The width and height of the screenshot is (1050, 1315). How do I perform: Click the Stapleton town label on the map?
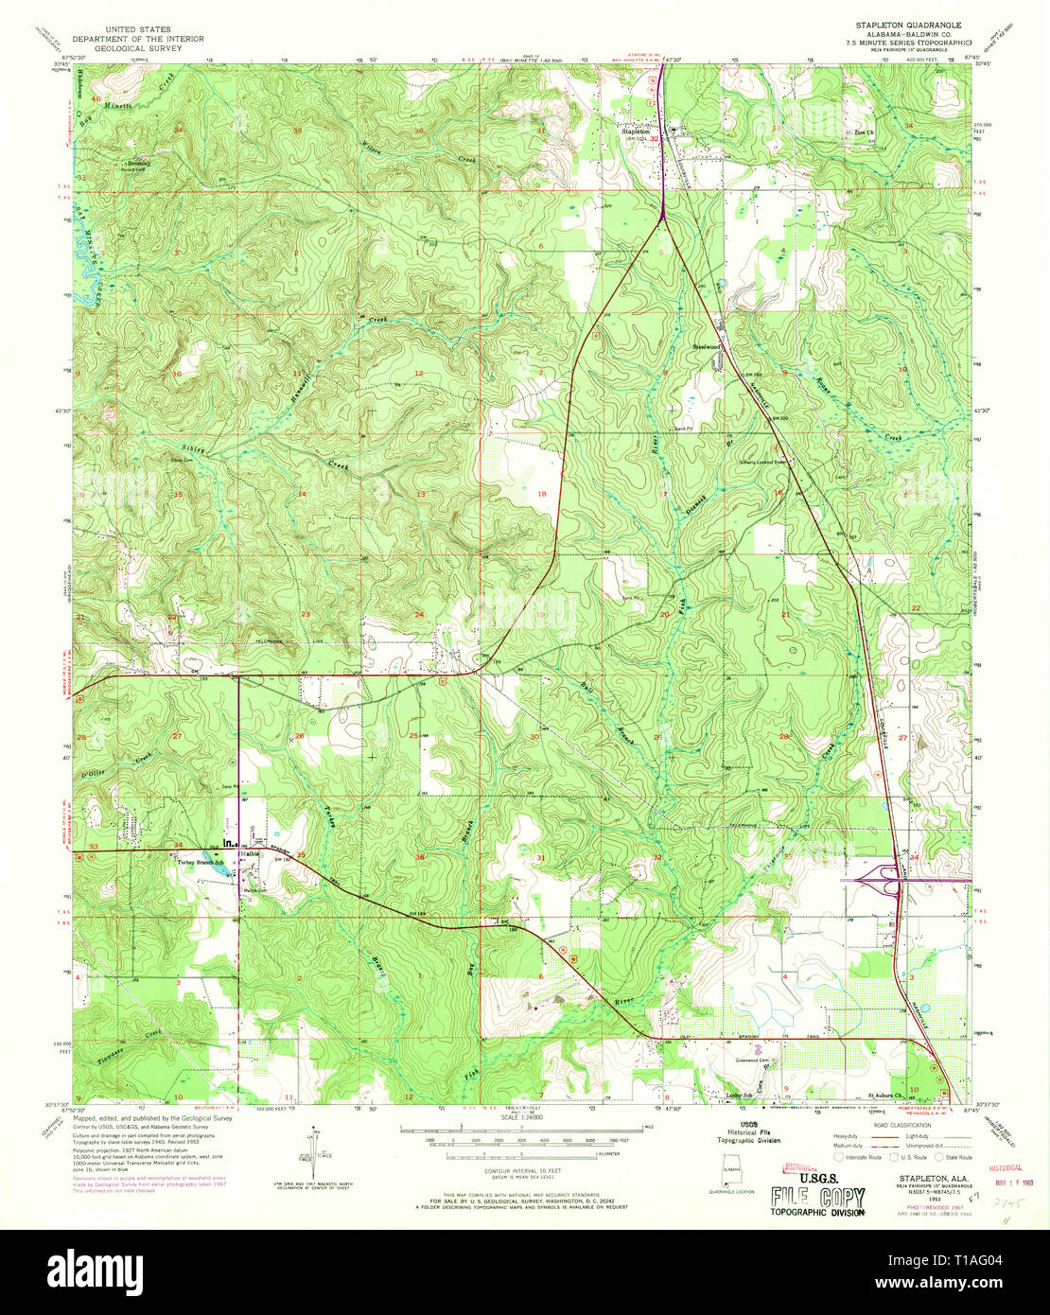pos(636,131)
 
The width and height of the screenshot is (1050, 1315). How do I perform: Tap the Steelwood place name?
pos(707,347)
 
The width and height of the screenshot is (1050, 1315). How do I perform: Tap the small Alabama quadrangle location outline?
pos(729,1171)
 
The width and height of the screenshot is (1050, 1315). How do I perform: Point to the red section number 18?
pos(542,494)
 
